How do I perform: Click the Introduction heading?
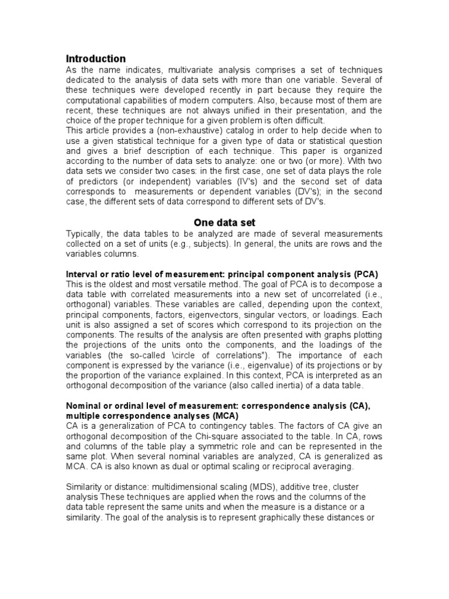[x=95, y=58]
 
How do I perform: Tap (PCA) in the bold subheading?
[x=365, y=274]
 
